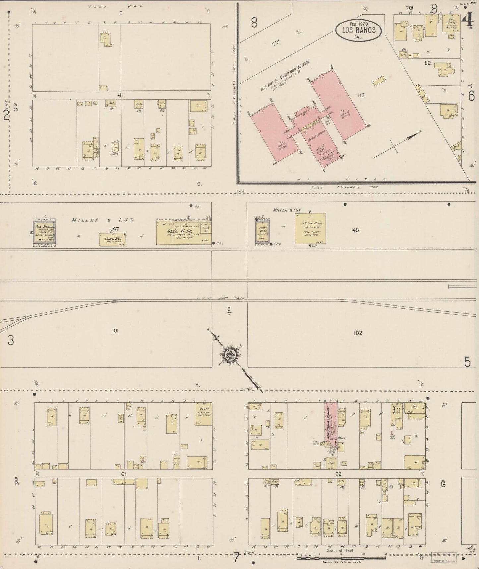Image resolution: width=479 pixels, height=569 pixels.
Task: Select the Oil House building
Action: tap(44, 232)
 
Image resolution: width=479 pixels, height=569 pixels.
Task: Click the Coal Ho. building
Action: tap(112, 239)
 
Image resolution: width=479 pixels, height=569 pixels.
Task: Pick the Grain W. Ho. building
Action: tap(310, 228)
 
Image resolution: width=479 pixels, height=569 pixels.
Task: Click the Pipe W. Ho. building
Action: tap(263, 232)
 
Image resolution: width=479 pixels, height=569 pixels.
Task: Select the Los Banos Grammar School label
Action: tap(285, 76)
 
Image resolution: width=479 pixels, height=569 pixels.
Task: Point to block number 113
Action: tap(361, 95)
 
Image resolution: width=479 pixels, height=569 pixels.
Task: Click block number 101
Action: tap(115, 331)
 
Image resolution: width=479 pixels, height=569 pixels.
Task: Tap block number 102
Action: tap(358, 333)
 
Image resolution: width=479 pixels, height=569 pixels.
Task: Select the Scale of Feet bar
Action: tap(341, 559)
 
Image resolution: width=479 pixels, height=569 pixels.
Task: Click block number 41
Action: tap(121, 95)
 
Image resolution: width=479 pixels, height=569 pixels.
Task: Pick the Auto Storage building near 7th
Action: tap(452, 25)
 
